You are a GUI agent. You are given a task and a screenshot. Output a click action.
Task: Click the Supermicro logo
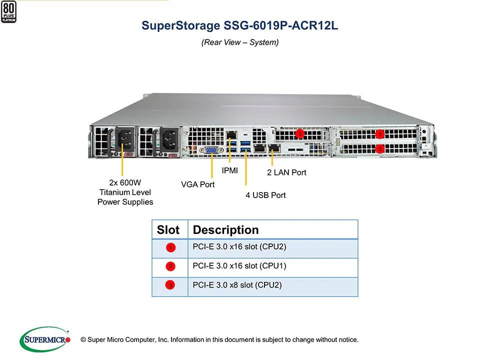point(44,339)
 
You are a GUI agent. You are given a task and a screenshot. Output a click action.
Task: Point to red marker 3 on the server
point(300,133)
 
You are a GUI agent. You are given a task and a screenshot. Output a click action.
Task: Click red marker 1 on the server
point(380,134)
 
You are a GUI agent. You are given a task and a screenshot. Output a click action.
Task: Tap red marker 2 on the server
point(380,148)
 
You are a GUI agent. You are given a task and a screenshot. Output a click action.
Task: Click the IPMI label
point(230,171)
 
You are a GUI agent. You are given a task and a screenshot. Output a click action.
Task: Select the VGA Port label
point(197,184)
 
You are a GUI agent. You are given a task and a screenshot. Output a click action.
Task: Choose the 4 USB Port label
point(265,195)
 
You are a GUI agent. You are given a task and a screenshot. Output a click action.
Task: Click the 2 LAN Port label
point(286,172)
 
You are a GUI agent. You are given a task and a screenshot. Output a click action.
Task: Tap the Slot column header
point(168,230)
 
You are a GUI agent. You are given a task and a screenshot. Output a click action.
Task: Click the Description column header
point(225,230)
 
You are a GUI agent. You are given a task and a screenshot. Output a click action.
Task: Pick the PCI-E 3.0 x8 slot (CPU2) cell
point(237,285)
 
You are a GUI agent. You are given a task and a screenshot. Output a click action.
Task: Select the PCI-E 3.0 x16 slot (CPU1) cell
point(239,266)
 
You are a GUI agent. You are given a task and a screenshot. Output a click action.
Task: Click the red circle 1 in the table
point(170,247)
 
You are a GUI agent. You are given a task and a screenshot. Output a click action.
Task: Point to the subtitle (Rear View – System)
point(240,42)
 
